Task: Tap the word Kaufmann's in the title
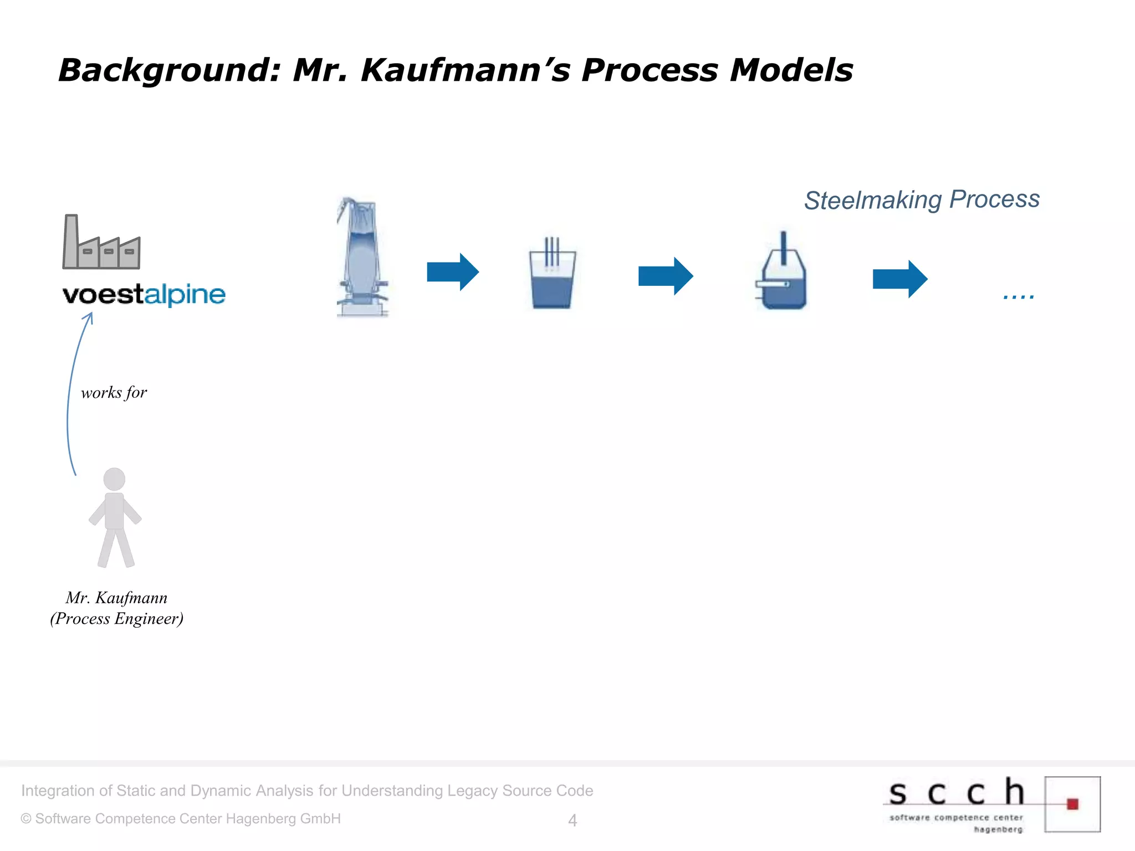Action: coord(465,71)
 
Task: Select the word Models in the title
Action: coord(791,71)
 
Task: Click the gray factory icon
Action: coord(101,244)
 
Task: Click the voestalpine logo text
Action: coord(144,294)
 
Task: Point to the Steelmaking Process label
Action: coord(922,200)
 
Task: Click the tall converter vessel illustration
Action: coord(362,258)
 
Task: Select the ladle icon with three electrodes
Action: coord(552,274)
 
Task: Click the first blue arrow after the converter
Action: coord(452,272)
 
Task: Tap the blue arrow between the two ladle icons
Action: coord(665,276)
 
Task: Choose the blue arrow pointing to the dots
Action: coord(899,279)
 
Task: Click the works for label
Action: coord(114,393)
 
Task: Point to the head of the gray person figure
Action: coord(114,479)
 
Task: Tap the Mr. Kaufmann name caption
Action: coord(116,598)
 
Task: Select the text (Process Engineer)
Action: coord(116,619)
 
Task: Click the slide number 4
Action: coord(572,821)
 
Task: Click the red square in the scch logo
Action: coord(1072,804)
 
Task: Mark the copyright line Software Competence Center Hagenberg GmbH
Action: coord(181,819)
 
